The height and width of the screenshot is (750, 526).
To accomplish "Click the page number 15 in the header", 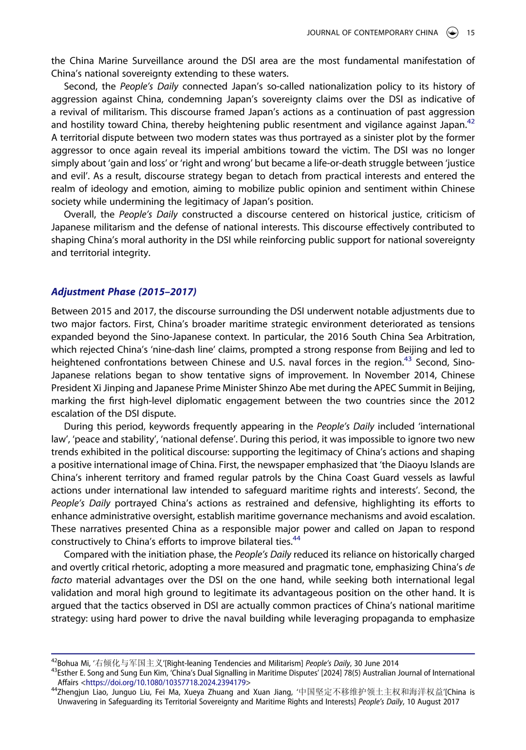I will (470, 33).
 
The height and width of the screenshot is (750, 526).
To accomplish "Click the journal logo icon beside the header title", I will (452, 33).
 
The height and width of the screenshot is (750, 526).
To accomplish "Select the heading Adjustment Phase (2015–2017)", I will (124, 292).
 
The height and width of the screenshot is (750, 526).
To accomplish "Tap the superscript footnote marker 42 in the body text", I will (470, 122).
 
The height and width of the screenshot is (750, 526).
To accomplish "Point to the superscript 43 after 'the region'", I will (407, 360).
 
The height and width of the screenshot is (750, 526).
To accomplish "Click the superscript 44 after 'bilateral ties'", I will (297, 538).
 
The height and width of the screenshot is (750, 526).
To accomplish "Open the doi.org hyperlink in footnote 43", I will (166, 683).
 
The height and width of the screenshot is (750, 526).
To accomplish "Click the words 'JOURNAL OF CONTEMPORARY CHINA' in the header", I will (372, 33).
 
